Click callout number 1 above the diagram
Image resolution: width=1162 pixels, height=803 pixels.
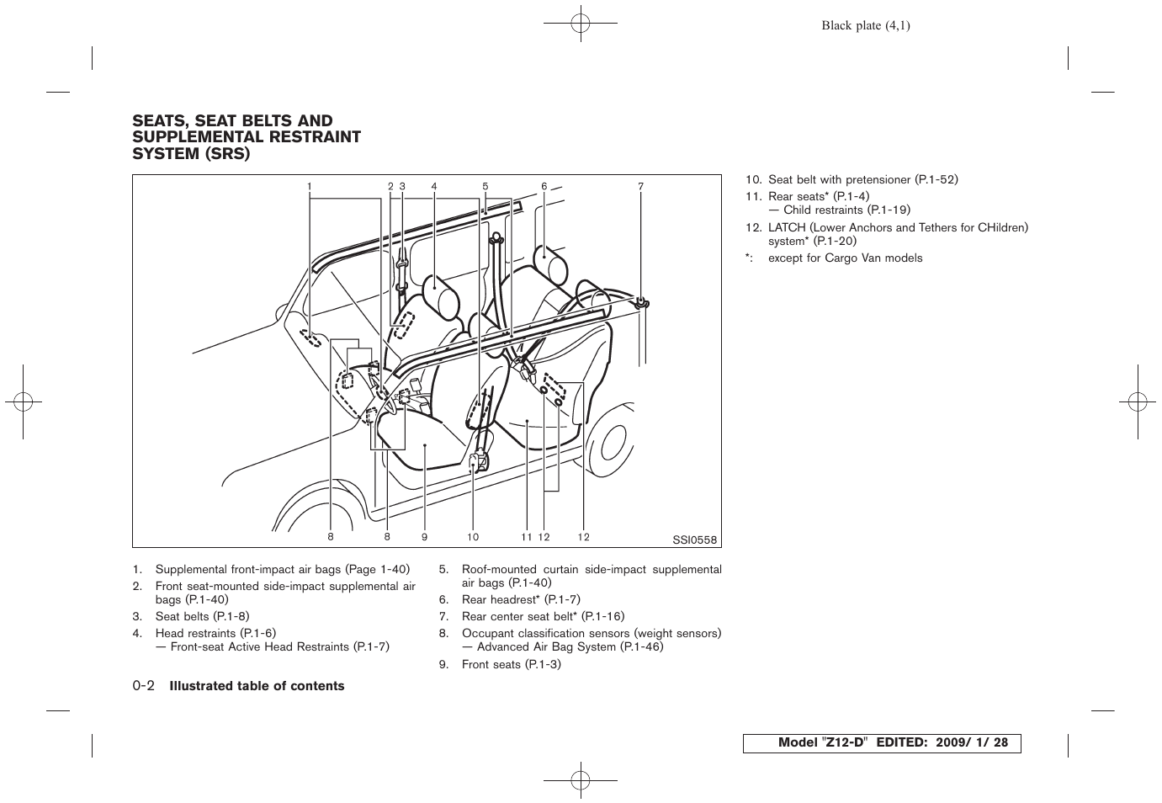click(x=309, y=187)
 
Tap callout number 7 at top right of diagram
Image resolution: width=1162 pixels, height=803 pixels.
click(x=640, y=187)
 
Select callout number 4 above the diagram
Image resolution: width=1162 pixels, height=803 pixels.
click(x=434, y=187)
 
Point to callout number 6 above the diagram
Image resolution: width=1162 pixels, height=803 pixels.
click(x=544, y=187)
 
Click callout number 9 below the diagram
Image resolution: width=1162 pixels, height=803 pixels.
click(x=425, y=537)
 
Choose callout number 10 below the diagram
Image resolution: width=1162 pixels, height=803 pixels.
click(x=473, y=537)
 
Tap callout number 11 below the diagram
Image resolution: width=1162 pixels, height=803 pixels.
click(x=526, y=537)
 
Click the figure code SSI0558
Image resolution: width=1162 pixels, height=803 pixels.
click(x=694, y=540)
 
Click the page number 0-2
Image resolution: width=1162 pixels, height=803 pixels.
click(x=143, y=686)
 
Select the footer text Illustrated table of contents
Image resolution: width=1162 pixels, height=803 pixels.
click(x=257, y=686)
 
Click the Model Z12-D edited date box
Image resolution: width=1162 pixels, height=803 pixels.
click(x=881, y=743)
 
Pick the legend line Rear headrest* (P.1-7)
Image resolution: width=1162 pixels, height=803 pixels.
click(x=520, y=599)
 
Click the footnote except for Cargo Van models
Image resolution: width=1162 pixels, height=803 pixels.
click(x=845, y=258)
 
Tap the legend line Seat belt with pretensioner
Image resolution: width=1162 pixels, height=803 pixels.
click(x=862, y=179)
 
